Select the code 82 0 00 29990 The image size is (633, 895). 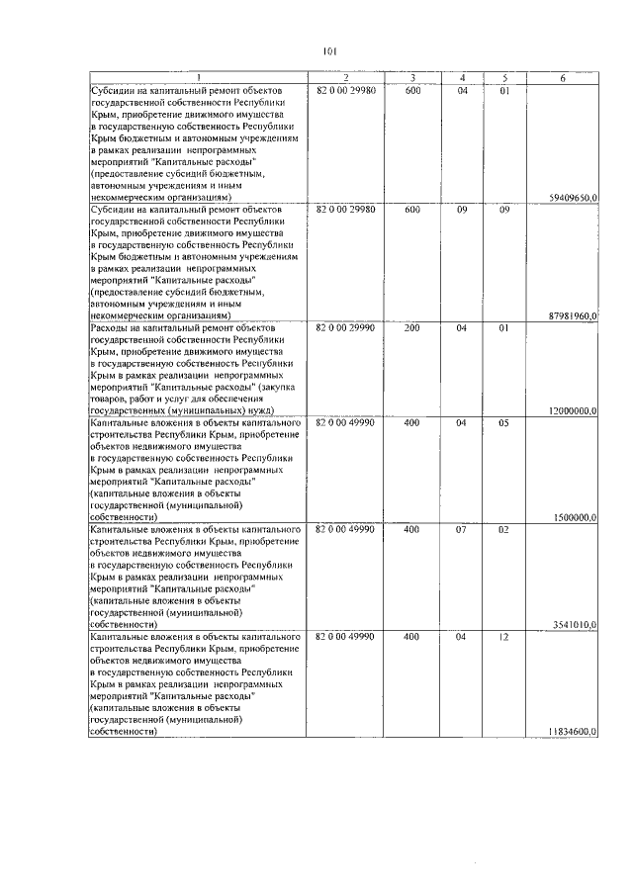click(x=345, y=327)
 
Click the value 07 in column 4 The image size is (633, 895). click(x=461, y=529)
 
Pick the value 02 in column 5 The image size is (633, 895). click(x=502, y=529)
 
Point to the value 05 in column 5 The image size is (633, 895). click(x=502, y=422)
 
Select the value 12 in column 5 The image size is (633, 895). click(x=502, y=637)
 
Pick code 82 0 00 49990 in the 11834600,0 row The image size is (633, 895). click(x=345, y=637)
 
